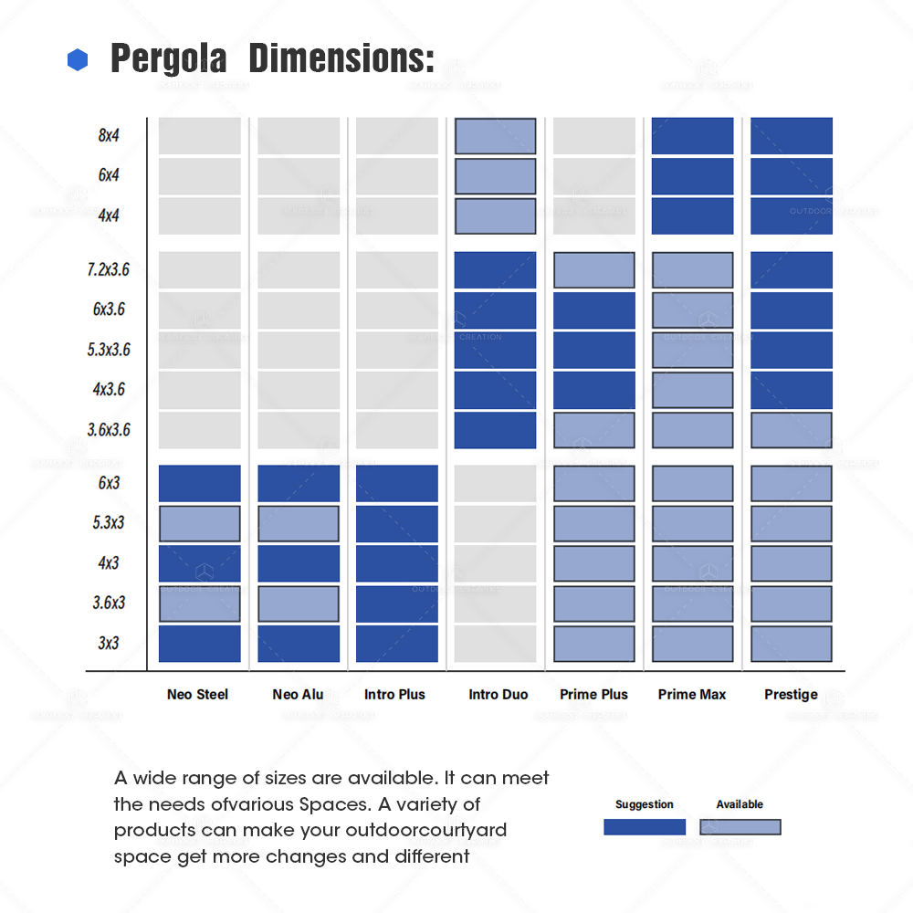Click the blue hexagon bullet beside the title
(x=78, y=60)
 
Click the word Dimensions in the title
(x=341, y=58)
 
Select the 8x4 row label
(x=109, y=136)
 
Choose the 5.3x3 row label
(x=108, y=523)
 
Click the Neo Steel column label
(x=197, y=695)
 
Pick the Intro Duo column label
(x=498, y=695)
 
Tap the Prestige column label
(x=791, y=695)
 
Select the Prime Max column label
(x=691, y=695)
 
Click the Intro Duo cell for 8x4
(x=496, y=136)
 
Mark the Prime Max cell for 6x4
(x=693, y=176)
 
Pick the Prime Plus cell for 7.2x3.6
(x=594, y=270)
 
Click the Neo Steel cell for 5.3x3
(x=200, y=523)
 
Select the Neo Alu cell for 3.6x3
(x=299, y=603)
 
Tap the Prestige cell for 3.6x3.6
(x=792, y=430)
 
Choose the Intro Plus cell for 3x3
(x=397, y=644)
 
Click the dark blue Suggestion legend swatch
(x=645, y=827)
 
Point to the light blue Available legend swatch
(x=740, y=827)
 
